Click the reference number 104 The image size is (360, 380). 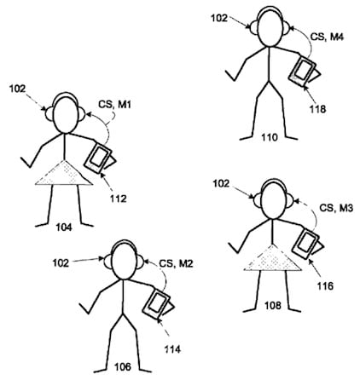pyautogui.click(x=64, y=227)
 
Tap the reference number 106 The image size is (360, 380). pyautogui.click(x=123, y=366)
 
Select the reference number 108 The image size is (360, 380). pyautogui.click(x=273, y=306)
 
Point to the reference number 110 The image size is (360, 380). pyautogui.click(x=270, y=137)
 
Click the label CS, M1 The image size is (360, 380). pyautogui.click(x=115, y=105)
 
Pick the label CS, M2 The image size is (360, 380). pyautogui.click(x=176, y=263)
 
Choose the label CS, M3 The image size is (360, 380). pyautogui.click(x=336, y=208)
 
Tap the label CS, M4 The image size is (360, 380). pyautogui.click(x=327, y=37)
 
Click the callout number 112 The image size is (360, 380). pyautogui.click(x=119, y=199)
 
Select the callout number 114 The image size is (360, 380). pyautogui.click(x=172, y=349)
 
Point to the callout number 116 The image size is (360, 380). pyautogui.click(x=325, y=286)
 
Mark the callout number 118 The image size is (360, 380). pyautogui.click(x=317, y=109)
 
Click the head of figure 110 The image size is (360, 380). pyautogui.click(x=270, y=28)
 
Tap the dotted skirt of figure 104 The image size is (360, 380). pyautogui.click(x=64, y=173)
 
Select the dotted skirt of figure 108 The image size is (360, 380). pyautogui.click(x=272, y=258)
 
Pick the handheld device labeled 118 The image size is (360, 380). pyautogui.click(x=304, y=71)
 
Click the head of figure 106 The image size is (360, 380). pyautogui.click(x=124, y=261)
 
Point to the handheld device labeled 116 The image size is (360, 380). pyautogui.click(x=307, y=244)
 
